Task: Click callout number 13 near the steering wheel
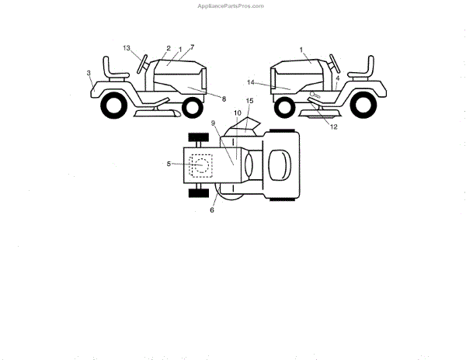(126, 49)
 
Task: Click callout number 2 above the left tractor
(169, 49)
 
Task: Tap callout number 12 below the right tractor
(334, 127)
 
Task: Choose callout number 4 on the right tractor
(338, 79)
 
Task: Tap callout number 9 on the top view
(213, 123)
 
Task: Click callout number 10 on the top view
(238, 113)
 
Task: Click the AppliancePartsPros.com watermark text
(231, 5)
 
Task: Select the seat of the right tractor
(360, 68)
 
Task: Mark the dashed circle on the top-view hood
(201, 165)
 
